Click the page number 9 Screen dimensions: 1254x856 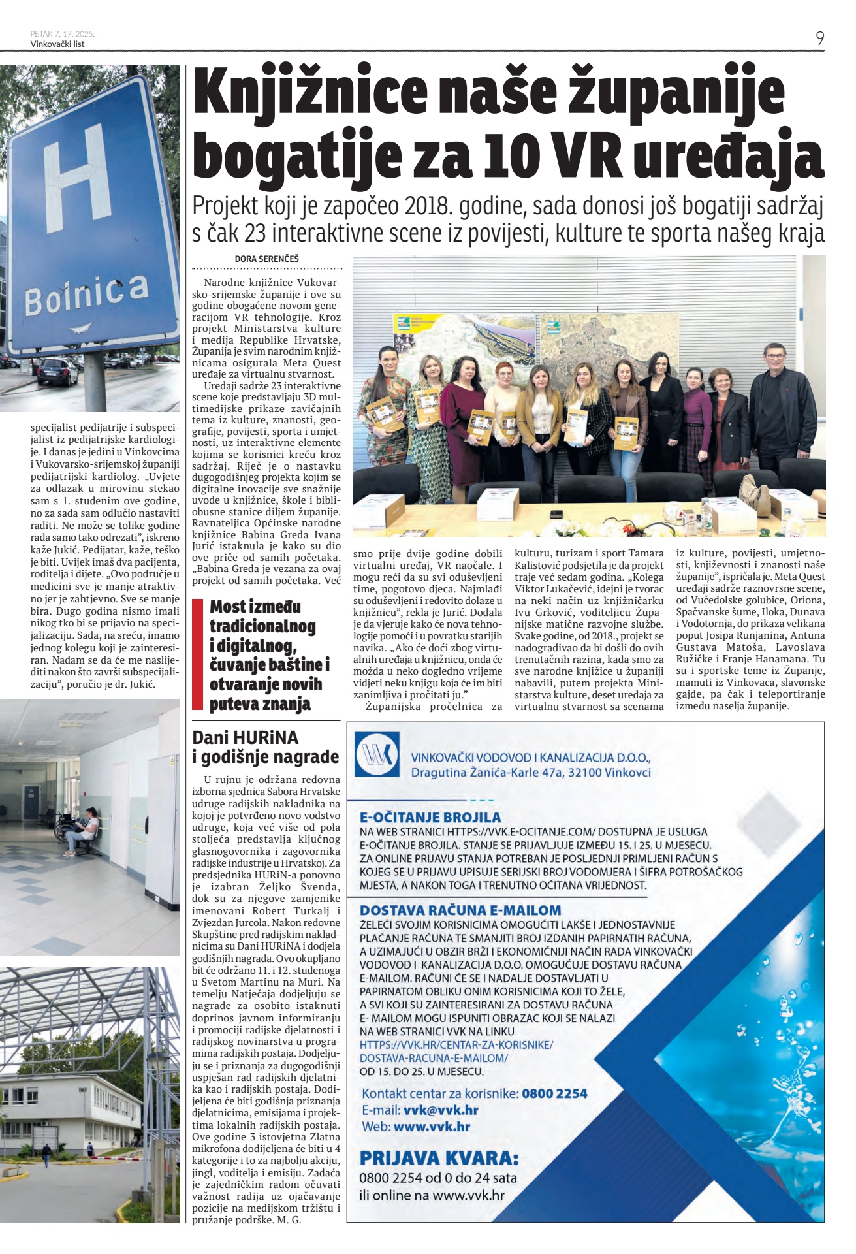pos(819,39)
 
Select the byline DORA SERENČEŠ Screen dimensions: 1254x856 pos(266,259)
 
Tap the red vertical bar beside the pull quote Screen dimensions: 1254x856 pos(197,654)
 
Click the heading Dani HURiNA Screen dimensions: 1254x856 pos(245,737)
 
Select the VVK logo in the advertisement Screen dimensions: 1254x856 pos(377,754)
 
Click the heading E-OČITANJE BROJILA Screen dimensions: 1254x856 pos(430,817)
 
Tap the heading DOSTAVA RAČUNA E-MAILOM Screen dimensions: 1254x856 pos(460,910)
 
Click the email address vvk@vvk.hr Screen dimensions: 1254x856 pos(441,1110)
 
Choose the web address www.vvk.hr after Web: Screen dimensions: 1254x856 pos(432,1127)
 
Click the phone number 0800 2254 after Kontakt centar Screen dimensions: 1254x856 pos(554,1093)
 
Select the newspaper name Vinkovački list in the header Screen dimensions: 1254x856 pos(57,44)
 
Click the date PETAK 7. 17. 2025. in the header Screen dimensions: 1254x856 pos(62,33)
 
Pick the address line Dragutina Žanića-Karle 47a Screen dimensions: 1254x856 pos(531,773)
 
